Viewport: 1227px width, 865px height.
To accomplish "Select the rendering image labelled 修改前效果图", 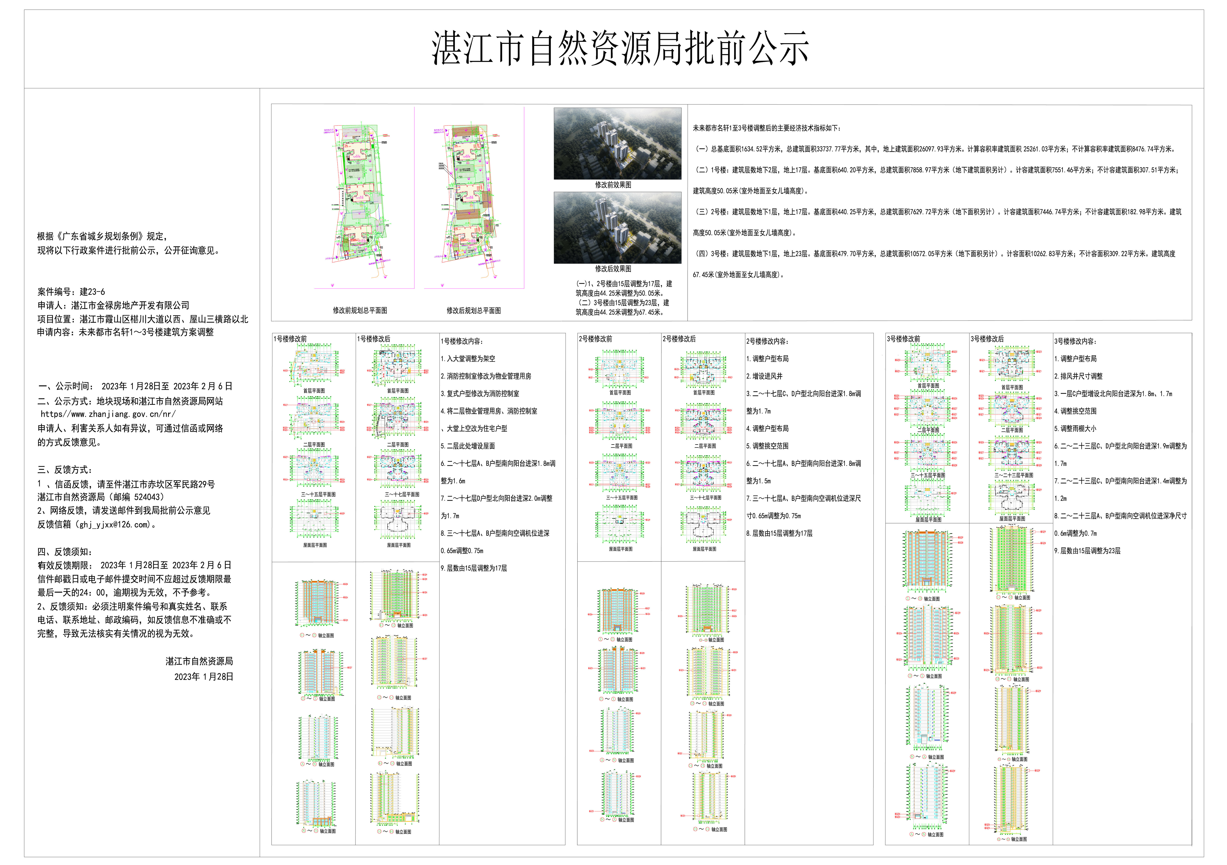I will pyautogui.click(x=617, y=143).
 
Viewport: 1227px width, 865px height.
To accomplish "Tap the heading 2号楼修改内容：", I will pyautogui.click(x=767, y=341).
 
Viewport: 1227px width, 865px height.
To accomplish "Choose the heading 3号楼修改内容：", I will pyautogui.click(x=1075, y=341).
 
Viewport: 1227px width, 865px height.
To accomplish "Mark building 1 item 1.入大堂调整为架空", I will pyautogui.click(x=468, y=359).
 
